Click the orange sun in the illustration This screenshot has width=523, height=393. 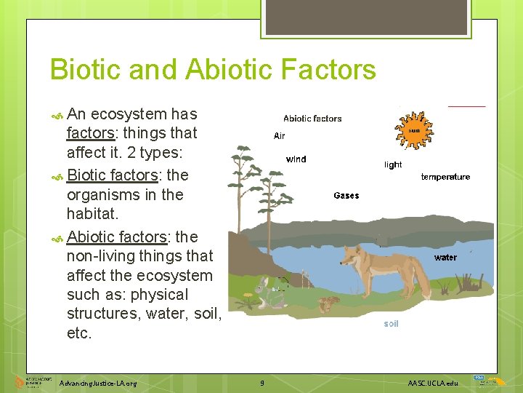coord(413,131)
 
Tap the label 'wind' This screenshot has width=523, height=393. coord(296,159)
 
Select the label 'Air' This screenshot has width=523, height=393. coord(280,136)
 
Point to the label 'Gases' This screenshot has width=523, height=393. coord(346,196)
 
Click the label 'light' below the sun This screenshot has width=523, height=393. coord(393,165)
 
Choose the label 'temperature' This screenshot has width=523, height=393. coord(445,177)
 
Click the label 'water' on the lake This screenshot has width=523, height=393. coord(445,258)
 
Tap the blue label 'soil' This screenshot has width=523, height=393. coord(391,324)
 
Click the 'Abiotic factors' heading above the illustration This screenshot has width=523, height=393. coord(312,119)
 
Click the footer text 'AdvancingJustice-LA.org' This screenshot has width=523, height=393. coord(98,383)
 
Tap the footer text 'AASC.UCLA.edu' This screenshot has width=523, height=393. coord(433,383)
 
